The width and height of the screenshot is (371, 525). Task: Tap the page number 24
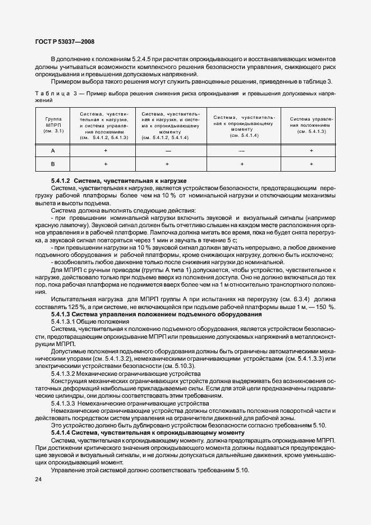[x=39, y=478]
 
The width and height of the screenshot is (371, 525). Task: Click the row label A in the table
[x=53, y=151]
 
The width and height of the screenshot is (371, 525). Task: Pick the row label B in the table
[x=53, y=163]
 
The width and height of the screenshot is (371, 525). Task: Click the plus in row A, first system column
[x=105, y=151]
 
